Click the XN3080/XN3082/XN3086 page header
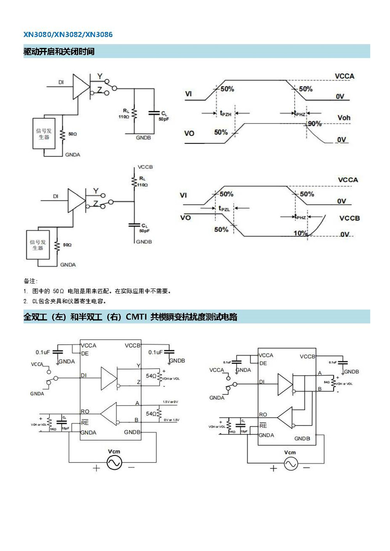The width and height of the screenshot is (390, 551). coord(68,34)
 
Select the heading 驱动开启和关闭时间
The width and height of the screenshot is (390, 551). coord(59,51)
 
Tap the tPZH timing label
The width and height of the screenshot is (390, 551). coord(225,113)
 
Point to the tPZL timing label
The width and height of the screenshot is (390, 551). coord(224,209)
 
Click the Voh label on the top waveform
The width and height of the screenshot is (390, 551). coord(344,118)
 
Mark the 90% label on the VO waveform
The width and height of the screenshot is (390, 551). coord(314,124)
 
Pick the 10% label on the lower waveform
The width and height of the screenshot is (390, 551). coord(300,233)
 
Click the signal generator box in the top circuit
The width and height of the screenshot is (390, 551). coord(44,134)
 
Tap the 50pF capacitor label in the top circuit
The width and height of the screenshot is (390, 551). coord(164,119)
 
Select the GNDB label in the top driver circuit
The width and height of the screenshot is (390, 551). coord(143,138)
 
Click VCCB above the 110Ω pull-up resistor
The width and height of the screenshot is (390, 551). coord(145,167)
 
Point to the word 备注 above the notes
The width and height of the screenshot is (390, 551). coord(30,281)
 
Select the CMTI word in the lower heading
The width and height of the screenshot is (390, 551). coord(136,317)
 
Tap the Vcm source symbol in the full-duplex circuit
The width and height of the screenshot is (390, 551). coord(114,463)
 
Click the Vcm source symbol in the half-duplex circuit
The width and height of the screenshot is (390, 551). coord(291,464)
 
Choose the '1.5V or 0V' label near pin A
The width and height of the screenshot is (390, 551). coord(170,402)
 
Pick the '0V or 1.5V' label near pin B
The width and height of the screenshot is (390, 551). coord(171,420)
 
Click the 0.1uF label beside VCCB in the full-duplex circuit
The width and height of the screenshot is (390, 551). coord(155,352)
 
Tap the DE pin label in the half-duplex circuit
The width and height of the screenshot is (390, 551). coord(263,363)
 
